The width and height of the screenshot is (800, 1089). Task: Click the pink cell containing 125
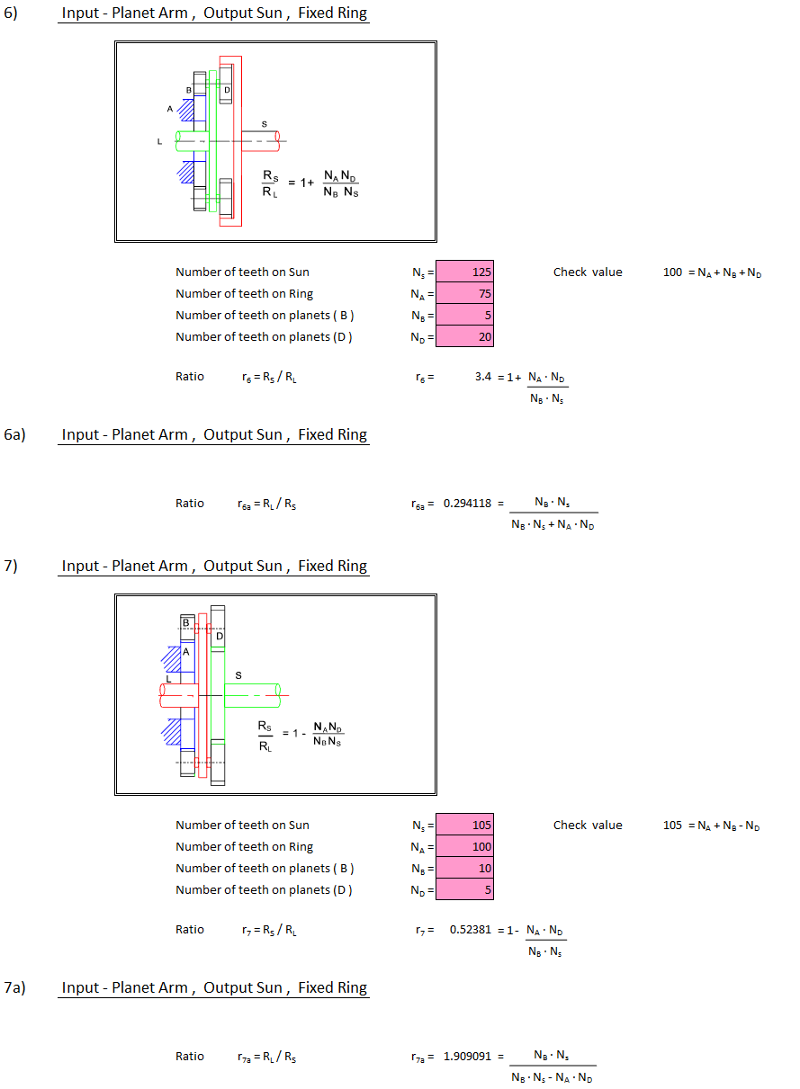464,272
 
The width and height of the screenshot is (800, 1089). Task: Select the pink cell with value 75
464,293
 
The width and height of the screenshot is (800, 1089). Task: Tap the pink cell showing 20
464,336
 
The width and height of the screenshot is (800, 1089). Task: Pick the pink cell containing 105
464,825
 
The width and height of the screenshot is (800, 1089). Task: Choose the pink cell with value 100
464,846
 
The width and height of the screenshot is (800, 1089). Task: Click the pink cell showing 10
464,868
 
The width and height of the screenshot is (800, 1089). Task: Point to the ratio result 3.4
482,377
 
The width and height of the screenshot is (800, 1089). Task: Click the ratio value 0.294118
467,504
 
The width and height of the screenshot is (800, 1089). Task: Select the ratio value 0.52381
470,930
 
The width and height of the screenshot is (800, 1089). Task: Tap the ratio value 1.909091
467,1057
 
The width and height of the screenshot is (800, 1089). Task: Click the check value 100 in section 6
672,272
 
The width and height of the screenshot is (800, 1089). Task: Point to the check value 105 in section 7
672,825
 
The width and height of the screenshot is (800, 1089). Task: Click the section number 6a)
14,434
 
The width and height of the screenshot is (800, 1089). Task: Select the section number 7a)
14,987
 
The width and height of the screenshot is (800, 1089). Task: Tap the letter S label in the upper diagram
265,124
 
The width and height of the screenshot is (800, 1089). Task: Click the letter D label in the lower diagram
220,636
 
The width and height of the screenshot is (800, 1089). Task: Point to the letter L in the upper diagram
159,141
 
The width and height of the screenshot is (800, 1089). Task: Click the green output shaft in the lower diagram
252,695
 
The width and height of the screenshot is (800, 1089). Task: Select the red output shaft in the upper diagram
260,141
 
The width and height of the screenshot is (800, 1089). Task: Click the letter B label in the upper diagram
189,90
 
